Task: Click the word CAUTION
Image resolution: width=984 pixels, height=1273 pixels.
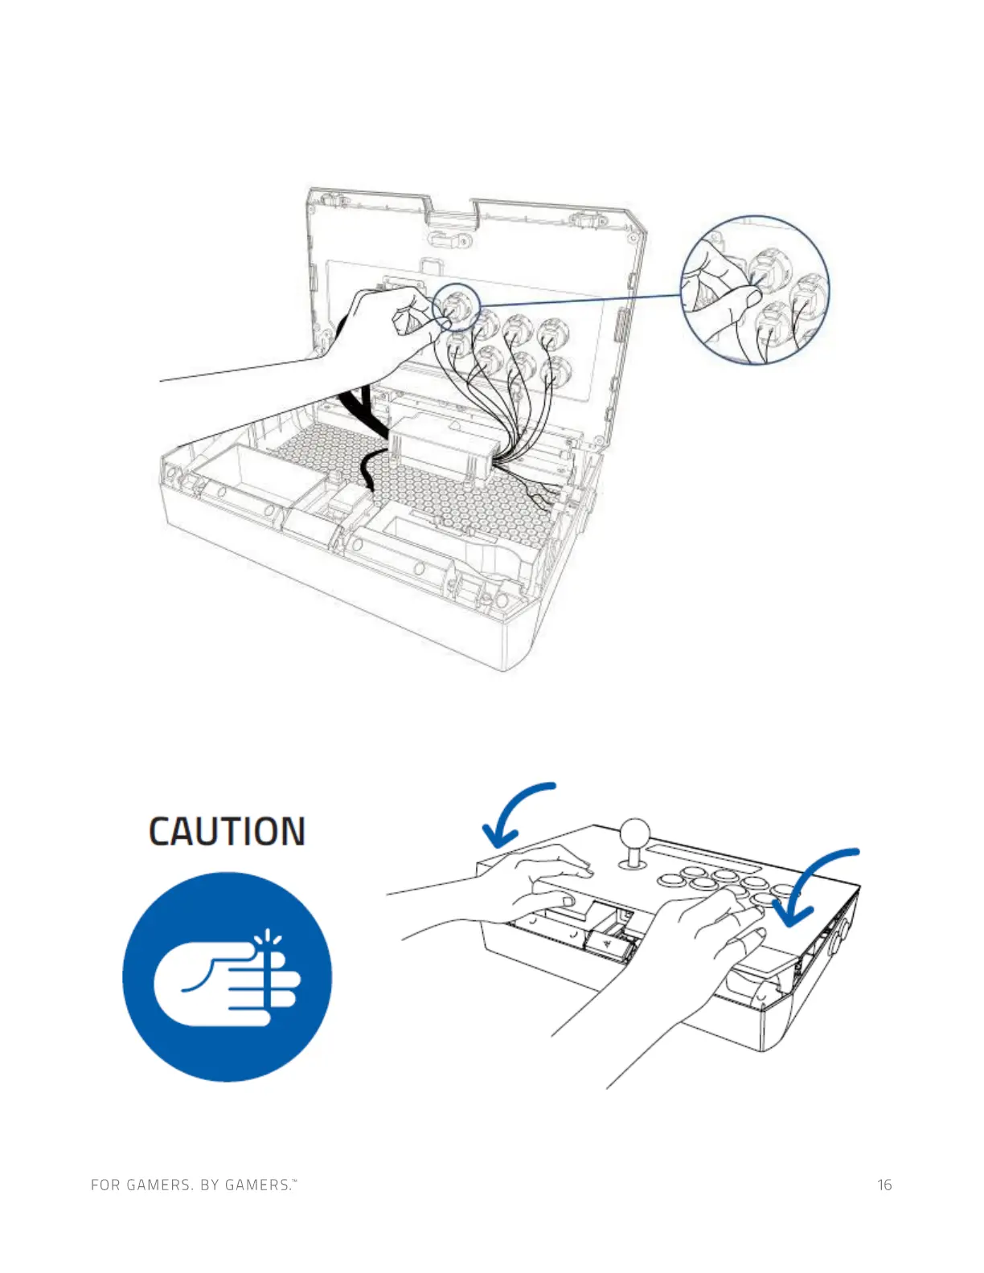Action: (227, 831)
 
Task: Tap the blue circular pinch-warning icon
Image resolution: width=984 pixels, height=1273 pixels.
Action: (227, 976)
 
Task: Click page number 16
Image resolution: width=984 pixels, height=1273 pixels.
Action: (884, 1185)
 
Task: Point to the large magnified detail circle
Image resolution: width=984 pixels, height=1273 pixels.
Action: (755, 289)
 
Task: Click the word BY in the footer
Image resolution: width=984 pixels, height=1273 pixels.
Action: (210, 1185)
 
